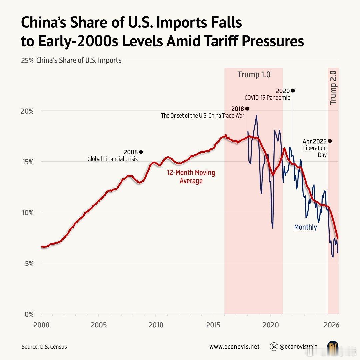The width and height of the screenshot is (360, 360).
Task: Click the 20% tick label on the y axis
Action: pos(27,111)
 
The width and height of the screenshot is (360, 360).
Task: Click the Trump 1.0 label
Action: pos(254,74)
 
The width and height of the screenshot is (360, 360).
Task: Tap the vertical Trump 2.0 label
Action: pos(333,87)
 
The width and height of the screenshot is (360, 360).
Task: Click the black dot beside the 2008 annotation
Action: pos(141,152)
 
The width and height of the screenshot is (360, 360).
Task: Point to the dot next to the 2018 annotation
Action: pos(247,108)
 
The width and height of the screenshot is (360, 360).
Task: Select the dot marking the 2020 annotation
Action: pos(293,90)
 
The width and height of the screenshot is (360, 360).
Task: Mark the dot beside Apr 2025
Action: pos(330,141)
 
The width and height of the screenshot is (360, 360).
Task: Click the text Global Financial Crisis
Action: pos(112,159)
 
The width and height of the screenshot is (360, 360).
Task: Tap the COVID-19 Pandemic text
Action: pos(267,98)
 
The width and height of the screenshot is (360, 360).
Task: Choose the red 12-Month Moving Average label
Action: pos(191,177)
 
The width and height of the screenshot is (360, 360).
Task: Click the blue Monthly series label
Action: pos(305,227)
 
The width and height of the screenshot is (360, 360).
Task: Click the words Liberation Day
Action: pos(315,151)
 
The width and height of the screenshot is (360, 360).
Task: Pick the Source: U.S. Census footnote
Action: pos(44,347)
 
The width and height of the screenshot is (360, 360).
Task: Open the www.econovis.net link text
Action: pos(234,347)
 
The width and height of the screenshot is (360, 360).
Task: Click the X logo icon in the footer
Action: pos(274,347)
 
